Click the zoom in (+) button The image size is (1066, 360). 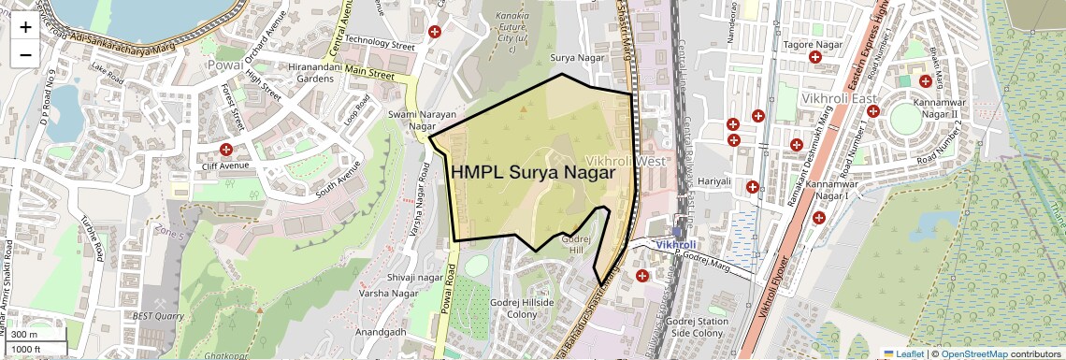click(x=25, y=27)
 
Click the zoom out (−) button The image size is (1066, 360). click(x=25, y=54)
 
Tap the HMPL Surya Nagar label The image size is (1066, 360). click(x=534, y=173)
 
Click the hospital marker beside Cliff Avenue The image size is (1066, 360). click(x=225, y=150)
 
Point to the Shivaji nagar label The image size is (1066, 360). click(x=414, y=278)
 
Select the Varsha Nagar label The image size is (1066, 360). click(x=392, y=294)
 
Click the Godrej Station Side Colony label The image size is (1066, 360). click(x=698, y=327)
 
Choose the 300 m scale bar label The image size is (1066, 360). click(x=25, y=335)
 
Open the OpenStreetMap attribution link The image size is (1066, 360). click(x=973, y=354)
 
